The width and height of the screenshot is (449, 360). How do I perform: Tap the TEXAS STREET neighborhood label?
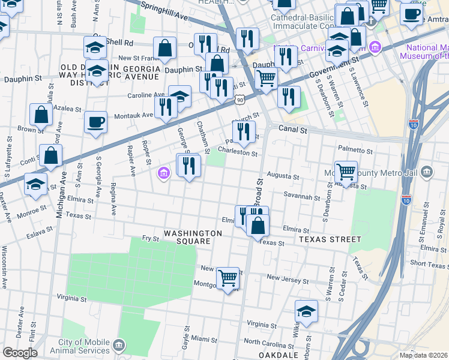tap(330, 239)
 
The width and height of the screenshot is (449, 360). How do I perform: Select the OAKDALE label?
tap(279, 355)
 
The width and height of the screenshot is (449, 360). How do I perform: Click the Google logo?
tap(20, 353)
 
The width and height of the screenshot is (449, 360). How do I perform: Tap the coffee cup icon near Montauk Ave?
tap(96, 123)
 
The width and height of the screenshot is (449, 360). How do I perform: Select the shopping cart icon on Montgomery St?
tap(228, 278)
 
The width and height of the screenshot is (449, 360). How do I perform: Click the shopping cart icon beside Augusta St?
tap(346, 172)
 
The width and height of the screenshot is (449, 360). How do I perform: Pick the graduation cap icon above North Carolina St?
tap(306, 311)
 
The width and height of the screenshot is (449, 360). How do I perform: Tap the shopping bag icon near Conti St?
tap(51, 155)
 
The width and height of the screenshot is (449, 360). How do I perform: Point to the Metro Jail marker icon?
tap(426, 172)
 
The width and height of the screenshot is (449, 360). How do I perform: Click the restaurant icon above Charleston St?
tap(244, 133)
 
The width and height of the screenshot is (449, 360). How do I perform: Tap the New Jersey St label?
tap(288, 279)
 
